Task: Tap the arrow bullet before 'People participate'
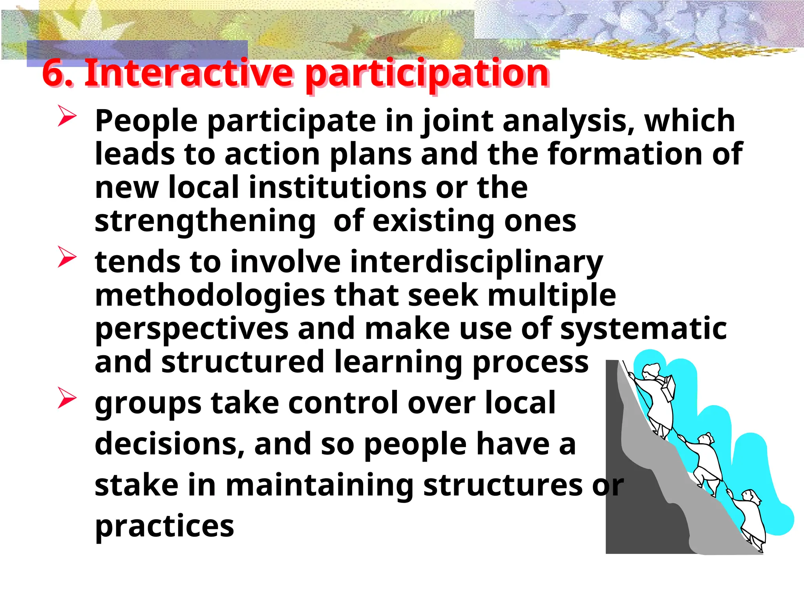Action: (x=67, y=116)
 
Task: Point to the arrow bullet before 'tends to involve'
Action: (x=67, y=257)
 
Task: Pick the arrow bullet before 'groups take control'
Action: (x=67, y=398)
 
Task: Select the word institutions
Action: (x=337, y=187)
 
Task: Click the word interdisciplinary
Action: (x=476, y=262)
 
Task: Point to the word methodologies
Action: (x=210, y=296)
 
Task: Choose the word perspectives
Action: (x=192, y=329)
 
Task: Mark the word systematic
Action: (x=643, y=329)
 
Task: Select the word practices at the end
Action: (x=164, y=526)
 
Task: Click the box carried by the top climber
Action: (x=669, y=387)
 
